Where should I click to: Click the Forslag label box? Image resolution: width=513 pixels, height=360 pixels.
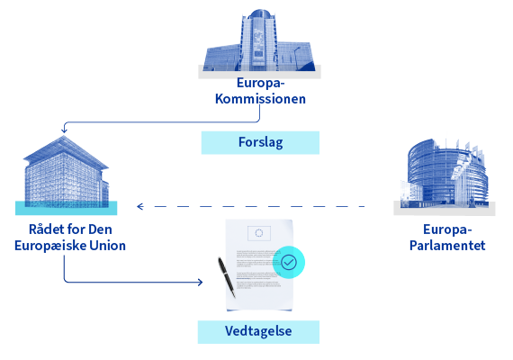point(260,143)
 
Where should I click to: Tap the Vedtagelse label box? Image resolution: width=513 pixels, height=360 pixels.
point(258,332)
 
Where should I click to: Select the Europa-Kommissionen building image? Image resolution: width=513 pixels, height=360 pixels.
point(259,40)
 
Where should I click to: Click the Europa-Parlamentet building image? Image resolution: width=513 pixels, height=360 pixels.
point(445,173)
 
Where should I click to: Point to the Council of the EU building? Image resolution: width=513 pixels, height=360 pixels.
point(66,172)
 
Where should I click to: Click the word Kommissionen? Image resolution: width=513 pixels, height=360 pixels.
point(260,99)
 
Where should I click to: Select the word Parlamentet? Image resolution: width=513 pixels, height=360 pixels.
point(447,246)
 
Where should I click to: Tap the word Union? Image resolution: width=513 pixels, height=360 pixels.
point(108,246)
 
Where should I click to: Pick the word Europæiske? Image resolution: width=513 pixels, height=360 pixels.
point(50,246)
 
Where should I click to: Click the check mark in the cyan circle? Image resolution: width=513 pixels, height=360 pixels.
point(289,262)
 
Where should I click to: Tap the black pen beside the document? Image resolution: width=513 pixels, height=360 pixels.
point(227,277)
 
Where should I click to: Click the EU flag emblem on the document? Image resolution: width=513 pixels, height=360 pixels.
point(259,233)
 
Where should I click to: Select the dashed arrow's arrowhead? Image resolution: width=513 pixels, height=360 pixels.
point(140,206)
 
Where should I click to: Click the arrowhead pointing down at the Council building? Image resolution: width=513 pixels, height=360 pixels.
point(64,130)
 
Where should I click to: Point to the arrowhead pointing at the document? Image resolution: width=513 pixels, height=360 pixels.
point(200,282)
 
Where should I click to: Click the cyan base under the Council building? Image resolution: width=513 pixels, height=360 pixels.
point(66,208)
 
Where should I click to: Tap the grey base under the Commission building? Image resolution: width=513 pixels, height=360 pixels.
point(259,72)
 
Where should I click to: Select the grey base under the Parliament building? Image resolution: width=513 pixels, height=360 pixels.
point(445,209)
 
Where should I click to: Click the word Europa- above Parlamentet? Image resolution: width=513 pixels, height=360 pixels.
point(447,229)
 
